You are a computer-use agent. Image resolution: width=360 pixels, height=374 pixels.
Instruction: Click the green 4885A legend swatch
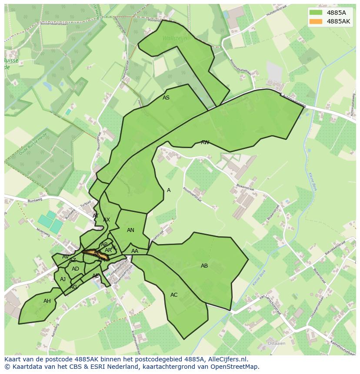coord(316,13)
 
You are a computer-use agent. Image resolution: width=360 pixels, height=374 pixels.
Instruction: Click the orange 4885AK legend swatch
coord(316,21)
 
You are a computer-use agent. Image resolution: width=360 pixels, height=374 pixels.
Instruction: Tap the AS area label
coord(166,98)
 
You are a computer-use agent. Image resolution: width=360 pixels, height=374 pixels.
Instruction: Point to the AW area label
coord(205,142)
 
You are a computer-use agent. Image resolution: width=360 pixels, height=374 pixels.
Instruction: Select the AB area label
coord(204,266)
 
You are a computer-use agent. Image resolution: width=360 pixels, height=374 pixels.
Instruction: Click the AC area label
coord(174,295)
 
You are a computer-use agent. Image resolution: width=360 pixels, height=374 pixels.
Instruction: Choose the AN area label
coord(130,230)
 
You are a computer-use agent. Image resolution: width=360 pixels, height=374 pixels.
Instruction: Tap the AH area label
coord(47,301)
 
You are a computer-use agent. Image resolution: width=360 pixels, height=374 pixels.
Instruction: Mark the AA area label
coord(135,251)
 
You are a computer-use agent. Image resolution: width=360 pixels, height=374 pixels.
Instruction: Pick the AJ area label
coord(63,279)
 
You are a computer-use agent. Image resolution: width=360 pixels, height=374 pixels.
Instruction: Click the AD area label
coord(76,269)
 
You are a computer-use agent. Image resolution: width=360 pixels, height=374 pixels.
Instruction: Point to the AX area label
coord(107,220)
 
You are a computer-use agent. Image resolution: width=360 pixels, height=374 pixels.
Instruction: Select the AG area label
coord(73,287)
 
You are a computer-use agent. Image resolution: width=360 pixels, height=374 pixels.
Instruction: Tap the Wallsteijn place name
coord(174,38)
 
